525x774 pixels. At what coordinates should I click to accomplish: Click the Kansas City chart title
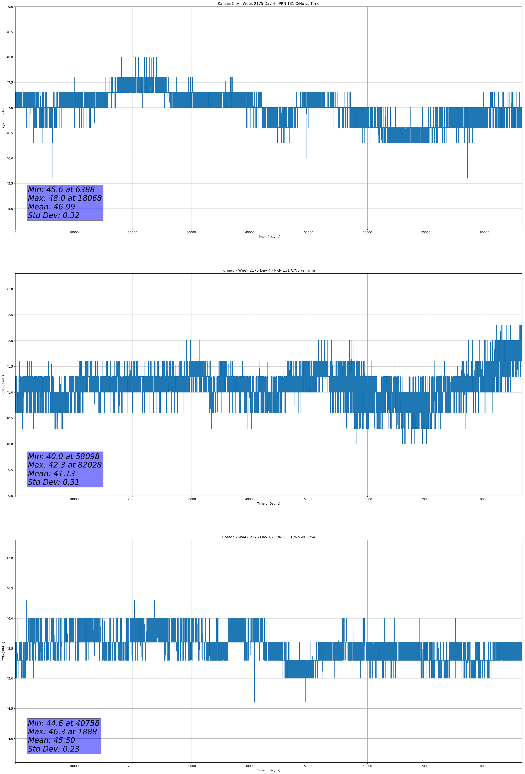point(268,4)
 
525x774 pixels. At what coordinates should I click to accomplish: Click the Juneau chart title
point(268,271)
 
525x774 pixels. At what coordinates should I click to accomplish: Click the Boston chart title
point(268,537)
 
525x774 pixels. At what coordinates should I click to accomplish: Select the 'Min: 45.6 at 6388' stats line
point(61,190)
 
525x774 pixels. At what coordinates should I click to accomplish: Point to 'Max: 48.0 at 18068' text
point(65,198)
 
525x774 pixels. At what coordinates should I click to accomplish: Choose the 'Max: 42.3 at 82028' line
point(65,465)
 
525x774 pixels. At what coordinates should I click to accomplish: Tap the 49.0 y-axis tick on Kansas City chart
point(9,7)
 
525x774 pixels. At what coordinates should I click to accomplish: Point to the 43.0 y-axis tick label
point(9,289)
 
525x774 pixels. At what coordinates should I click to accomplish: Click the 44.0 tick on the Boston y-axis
point(9,739)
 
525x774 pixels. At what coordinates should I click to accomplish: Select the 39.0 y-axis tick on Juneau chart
point(9,496)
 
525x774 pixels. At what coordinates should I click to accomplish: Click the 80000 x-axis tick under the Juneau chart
point(484,499)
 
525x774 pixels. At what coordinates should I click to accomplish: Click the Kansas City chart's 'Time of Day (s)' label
point(268,237)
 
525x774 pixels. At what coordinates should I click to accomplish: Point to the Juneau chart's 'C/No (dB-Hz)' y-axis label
point(3,385)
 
